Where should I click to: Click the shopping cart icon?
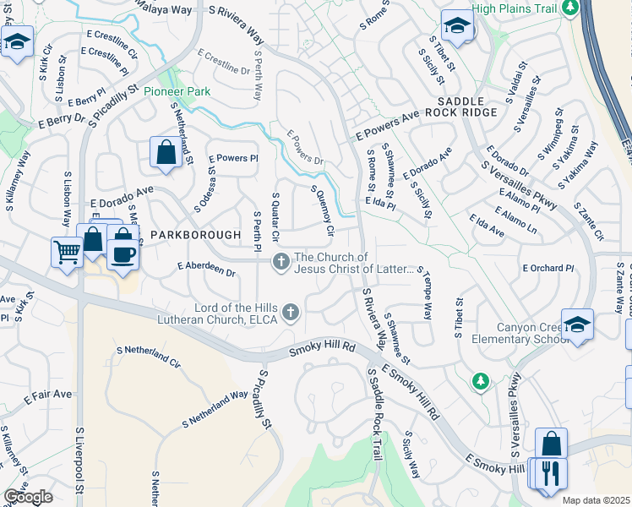click(x=67, y=250)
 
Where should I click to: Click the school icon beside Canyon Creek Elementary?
click(x=578, y=324)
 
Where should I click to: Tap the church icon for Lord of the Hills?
click(x=290, y=313)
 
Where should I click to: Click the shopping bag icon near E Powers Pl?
click(x=166, y=152)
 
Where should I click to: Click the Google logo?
click(x=28, y=497)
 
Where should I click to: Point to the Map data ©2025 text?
click(x=595, y=500)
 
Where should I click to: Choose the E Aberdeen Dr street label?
click(x=206, y=269)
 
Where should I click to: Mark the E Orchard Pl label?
click(x=548, y=268)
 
